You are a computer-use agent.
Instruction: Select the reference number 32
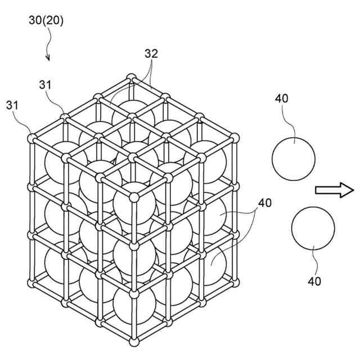(x=151, y=54)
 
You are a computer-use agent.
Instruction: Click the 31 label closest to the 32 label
(x=47, y=84)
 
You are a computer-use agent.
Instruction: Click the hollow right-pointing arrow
(x=334, y=191)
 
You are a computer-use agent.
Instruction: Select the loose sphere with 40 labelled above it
(x=294, y=158)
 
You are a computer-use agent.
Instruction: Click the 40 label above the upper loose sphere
(x=282, y=98)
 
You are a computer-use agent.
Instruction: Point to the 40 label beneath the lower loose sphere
(x=314, y=281)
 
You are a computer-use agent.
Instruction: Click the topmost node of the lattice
(x=131, y=76)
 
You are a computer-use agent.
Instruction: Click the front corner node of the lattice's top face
(x=134, y=197)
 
